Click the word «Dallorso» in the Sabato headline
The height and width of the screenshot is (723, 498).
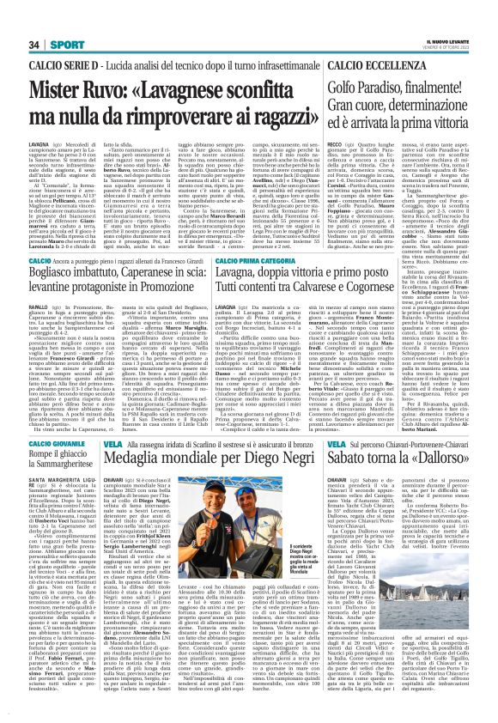(440, 454)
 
